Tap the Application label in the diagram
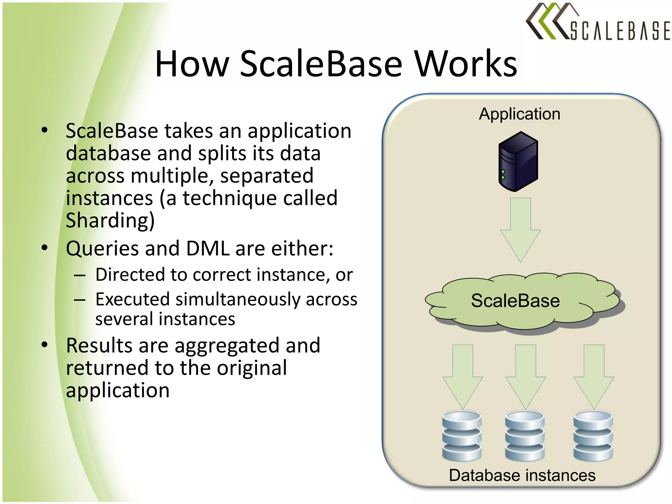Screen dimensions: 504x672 tap(519, 114)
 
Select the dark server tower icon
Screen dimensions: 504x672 tap(518, 161)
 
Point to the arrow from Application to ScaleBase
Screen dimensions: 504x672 tap(520, 230)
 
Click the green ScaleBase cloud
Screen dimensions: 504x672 tap(522, 301)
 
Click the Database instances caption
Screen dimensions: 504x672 tap(522, 475)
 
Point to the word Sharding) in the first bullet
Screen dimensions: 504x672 tap(110, 220)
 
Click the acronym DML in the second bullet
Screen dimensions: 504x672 tap(208, 248)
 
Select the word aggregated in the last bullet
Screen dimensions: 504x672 tap(227, 346)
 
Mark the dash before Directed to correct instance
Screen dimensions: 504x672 tap(80, 275)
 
